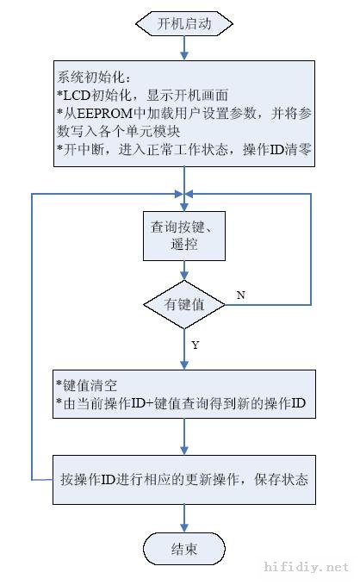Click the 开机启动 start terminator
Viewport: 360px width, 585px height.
coord(183,23)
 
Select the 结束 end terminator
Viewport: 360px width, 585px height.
coord(183,549)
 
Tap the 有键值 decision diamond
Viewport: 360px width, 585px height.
coord(183,303)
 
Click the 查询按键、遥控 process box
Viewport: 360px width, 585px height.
coord(183,235)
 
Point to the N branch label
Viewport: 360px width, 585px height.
coord(240,295)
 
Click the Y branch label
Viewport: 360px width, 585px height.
coord(196,345)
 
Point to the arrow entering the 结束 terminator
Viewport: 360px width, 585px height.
coord(183,518)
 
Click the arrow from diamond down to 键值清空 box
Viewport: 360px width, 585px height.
coord(183,349)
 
